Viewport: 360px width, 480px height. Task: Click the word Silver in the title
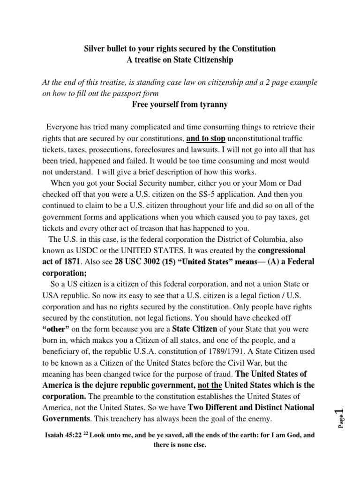click(x=93, y=49)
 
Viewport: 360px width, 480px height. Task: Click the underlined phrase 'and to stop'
click(x=206, y=139)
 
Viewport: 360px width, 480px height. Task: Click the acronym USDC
click(x=77, y=250)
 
